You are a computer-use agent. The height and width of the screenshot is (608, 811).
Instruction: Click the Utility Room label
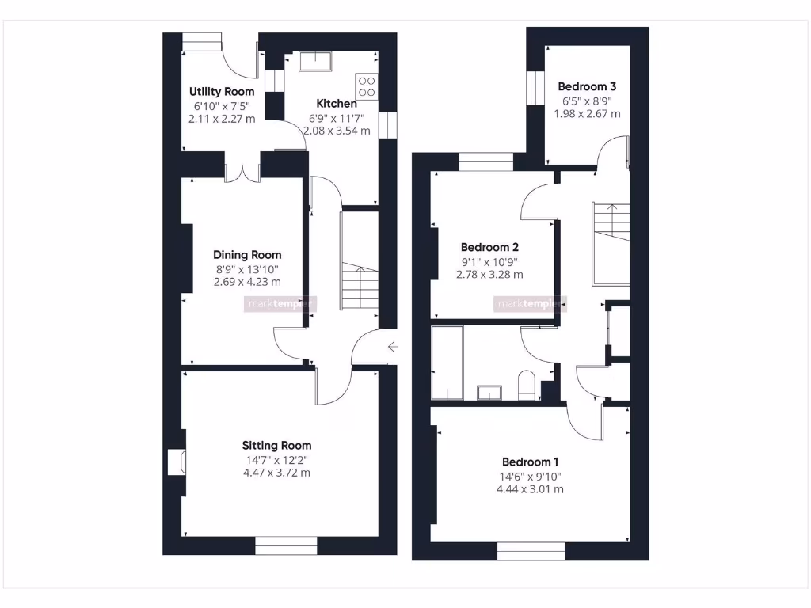click(222, 92)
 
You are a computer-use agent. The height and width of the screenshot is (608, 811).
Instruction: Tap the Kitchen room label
click(337, 104)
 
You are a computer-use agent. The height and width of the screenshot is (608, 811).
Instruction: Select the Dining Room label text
click(247, 255)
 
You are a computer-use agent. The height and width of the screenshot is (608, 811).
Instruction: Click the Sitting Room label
click(276, 446)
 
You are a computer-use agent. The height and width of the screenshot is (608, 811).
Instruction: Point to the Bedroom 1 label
click(531, 462)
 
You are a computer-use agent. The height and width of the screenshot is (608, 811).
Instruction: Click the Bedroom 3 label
click(587, 86)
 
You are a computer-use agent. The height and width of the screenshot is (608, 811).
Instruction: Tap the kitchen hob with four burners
click(367, 85)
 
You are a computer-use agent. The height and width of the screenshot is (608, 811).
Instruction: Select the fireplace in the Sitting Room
click(177, 463)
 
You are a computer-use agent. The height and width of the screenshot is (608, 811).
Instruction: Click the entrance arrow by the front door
click(393, 346)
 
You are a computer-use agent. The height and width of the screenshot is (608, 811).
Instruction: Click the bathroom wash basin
click(489, 392)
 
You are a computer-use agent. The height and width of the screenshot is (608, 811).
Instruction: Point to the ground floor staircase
click(360, 261)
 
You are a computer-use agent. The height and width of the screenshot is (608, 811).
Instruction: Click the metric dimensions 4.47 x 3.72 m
click(276, 473)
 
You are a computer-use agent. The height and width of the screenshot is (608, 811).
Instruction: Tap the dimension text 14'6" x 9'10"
click(531, 477)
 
